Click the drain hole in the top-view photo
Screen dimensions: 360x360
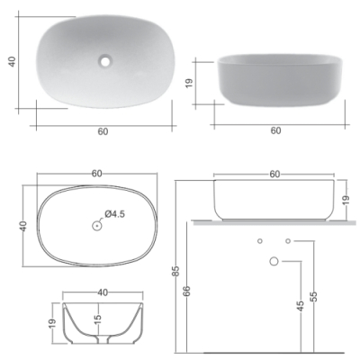point(105,61)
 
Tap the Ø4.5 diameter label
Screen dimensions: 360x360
point(114,214)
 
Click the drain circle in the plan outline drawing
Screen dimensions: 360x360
point(96,226)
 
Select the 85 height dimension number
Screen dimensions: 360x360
point(176,271)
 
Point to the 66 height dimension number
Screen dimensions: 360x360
point(187,292)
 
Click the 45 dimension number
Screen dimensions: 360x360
point(301,306)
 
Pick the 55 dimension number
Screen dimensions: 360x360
point(313,296)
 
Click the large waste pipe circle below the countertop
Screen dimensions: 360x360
point(274,261)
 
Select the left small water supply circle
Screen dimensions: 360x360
point(260,241)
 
